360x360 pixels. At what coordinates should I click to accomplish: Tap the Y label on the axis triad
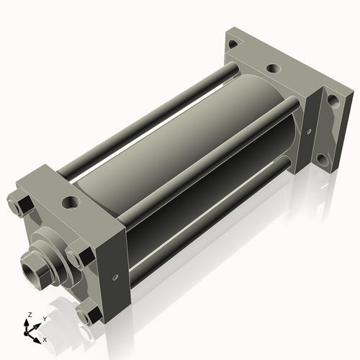44,318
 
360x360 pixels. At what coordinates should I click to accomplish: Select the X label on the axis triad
45,338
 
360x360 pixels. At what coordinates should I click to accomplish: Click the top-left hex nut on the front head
19,204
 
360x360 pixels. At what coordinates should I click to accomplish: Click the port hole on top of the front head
73,201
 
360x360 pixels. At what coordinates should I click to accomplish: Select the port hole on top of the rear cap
273,69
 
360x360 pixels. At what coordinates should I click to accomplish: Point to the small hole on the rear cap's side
308,132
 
